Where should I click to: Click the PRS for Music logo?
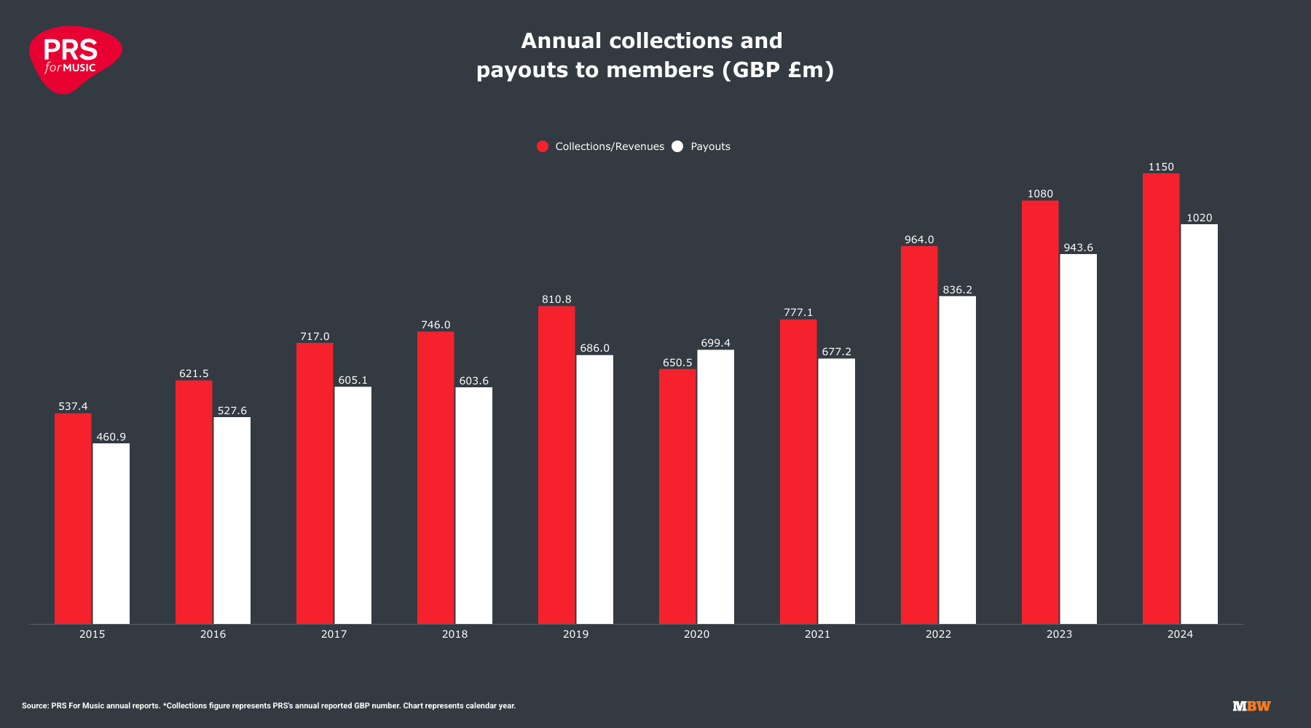(x=74, y=60)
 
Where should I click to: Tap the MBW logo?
(x=1251, y=706)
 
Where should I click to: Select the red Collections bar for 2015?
(x=73, y=518)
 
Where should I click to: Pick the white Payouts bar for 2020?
(x=715, y=486)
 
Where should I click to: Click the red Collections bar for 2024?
(x=1161, y=398)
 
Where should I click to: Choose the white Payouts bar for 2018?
(x=473, y=505)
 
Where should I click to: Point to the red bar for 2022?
(x=919, y=435)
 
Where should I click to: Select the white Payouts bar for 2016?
(x=232, y=520)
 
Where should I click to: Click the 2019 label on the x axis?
(x=575, y=634)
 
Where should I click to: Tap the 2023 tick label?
(x=1059, y=634)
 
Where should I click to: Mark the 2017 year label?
(x=334, y=634)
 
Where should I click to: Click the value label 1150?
(x=1161, y=167)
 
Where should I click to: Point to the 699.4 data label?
(x=715, y=343)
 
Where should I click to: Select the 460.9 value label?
(x=111, y=437)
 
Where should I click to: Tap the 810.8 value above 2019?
(x=556, y=299)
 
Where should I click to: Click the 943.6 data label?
(x=1078, y=248)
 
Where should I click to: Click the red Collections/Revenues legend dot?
(x=543, y=146)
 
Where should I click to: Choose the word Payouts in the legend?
(x=710, y=146)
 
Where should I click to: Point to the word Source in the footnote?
(x=34, y=706)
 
